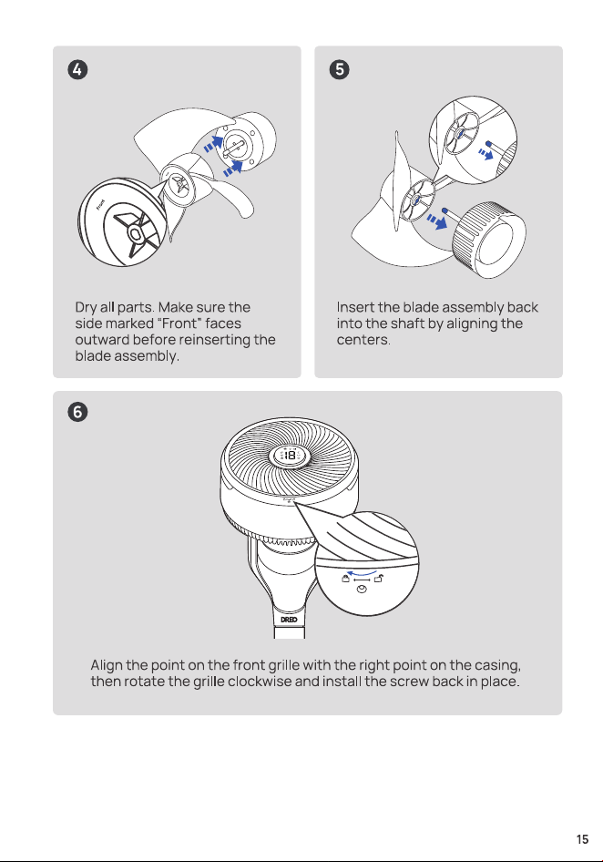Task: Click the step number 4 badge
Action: click(77, 70)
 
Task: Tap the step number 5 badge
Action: click(339, 70)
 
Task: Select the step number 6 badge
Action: click(77, 412)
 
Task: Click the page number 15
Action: click(582, 839)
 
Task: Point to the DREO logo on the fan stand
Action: click(289, 620)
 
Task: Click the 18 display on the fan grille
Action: click(289, 456)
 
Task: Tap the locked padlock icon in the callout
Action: click(346, 578)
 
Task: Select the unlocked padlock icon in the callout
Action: click(379, 578)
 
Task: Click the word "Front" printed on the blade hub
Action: click(100, 204)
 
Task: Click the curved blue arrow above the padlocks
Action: click(362, 573)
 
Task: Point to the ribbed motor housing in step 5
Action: click(488, 239)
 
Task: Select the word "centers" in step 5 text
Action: click(363, 340)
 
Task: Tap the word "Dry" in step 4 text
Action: click(86, 307)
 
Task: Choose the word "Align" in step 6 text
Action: click(107, 666)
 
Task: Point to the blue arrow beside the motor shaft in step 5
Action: click(437, 221)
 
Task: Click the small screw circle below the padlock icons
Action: click(361, 589)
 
